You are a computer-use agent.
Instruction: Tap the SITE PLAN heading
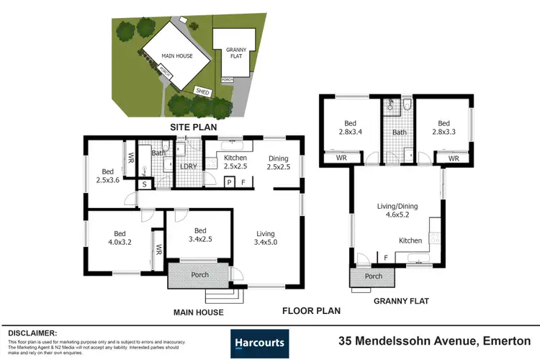click(193, 127)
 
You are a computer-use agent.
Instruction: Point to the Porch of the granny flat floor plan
click(373, 276)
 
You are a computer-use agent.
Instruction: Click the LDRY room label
click(188, 167)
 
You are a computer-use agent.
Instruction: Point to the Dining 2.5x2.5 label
click(278, 163)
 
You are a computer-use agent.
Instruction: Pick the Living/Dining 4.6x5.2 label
click(397, 211)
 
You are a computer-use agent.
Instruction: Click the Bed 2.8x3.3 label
click(443, 127)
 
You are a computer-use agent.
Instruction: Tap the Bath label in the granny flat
click(400, 132)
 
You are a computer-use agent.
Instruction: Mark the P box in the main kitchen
click(228, 183)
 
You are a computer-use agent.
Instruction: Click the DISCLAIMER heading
click(32, 333)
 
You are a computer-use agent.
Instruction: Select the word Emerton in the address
click(506, 340)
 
